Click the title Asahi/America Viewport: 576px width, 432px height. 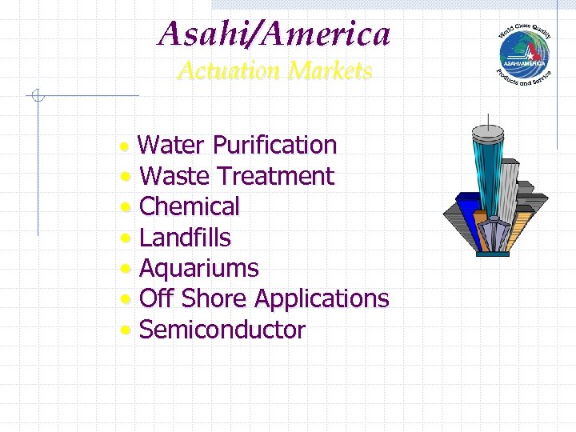coord(274,34)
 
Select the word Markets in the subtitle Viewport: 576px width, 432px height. coord(330,71)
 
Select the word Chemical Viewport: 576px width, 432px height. coord(189,206)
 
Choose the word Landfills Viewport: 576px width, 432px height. coord(184,238)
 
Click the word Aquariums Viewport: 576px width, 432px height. coord(198,268)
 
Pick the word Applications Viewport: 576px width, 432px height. coord(321,299)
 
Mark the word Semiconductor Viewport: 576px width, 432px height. coord(222,330)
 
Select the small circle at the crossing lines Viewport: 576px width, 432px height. coord(37,97)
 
